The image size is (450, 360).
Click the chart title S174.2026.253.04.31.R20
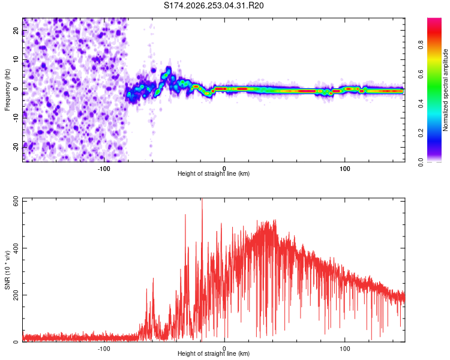[x=214, y=5]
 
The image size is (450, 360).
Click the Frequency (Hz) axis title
[x=7, y=90]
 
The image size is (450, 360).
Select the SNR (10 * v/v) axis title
[x=7, y=270]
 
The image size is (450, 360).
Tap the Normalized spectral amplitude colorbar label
[x=445, y=90]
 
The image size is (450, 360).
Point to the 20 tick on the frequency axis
[x=16, y=30]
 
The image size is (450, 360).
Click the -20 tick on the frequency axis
[x=16, y=146]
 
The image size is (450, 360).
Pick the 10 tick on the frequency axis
[x=16, y=59]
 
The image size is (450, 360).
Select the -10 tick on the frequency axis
[x=16, y=118]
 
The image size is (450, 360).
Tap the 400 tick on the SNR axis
[x=16, y=248]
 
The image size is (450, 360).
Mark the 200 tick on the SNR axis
[x=16, y=295]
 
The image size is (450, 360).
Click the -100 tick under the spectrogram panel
[x=104, y=169]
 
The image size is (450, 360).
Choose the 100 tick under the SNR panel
[x=344, y=349]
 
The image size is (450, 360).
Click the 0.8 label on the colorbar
[x=421, y=44]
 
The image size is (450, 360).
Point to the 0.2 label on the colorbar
[x=421, y=133]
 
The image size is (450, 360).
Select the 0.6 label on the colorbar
[x=421, y=74]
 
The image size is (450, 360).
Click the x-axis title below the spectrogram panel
[x=214, y=173]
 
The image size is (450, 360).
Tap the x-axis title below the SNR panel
[x=214, y=353]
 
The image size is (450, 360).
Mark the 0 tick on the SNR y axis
[x=16, y=341]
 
